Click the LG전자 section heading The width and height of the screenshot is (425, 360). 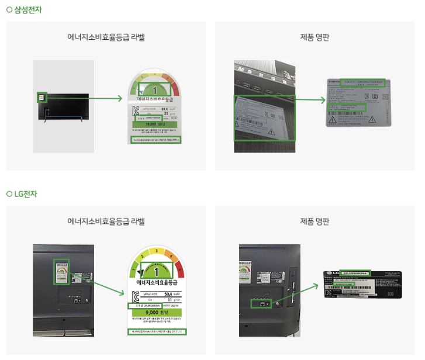point(25,194)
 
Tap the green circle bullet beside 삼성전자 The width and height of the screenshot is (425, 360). point(9,10)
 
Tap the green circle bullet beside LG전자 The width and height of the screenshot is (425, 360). point(9,194)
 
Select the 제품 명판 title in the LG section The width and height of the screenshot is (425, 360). point(315,221)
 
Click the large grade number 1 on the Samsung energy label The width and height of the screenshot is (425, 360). point(155,90)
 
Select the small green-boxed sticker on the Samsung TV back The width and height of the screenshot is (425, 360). point(42,97)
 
